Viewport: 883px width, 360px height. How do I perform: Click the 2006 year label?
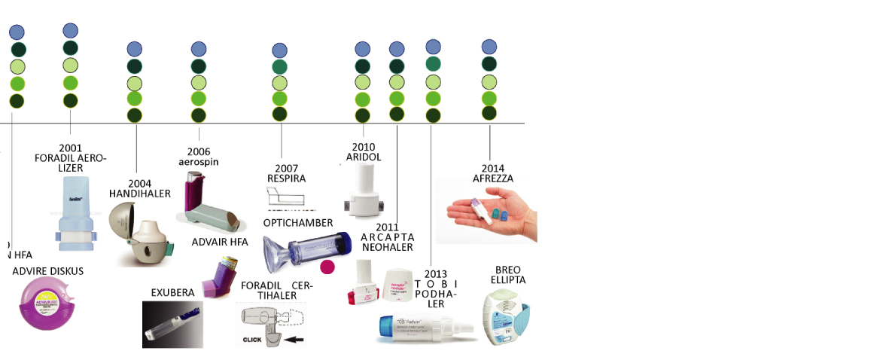[x=199, y=151]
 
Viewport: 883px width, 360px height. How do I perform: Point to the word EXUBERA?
[x=173, y=292]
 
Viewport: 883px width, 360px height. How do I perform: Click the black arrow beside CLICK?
[x=294, y=340]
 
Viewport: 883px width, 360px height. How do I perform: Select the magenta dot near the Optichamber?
[x=327, y=267]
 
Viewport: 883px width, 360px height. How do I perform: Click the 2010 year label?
[x=363, y=146]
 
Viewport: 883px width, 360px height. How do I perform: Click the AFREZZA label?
[x=493, y=178]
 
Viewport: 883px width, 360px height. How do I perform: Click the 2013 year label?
[x=436, y=273]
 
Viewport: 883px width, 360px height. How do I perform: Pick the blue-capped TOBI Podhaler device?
[x=425, y=328]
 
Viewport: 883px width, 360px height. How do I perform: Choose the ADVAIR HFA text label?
[x=220, y=242]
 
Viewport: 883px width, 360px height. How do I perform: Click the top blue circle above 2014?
[x=489, y=47]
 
